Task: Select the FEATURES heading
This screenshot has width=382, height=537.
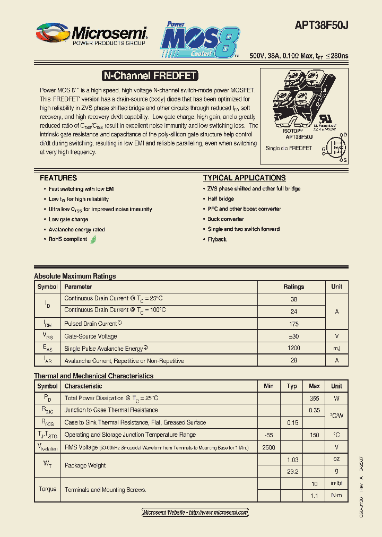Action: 58,178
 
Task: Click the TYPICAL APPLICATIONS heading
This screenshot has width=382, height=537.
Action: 244,178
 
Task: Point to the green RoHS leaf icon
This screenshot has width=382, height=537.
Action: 93,239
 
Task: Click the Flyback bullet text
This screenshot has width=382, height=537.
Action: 217,239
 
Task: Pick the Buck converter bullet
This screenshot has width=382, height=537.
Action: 226,219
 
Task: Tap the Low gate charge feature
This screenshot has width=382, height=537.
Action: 68,219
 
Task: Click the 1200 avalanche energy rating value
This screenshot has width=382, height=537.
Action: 293,348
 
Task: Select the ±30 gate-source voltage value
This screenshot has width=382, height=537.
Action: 293,336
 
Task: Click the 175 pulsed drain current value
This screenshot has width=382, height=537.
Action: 293,323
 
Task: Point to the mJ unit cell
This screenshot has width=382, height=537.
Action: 336,348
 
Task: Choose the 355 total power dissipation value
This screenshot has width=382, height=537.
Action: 314,398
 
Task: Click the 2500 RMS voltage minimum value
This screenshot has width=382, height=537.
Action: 268,447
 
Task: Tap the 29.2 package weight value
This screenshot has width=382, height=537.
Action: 292,471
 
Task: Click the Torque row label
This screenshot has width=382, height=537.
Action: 48,489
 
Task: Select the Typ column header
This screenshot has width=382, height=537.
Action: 292,386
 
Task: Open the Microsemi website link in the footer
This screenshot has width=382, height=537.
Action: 195,513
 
